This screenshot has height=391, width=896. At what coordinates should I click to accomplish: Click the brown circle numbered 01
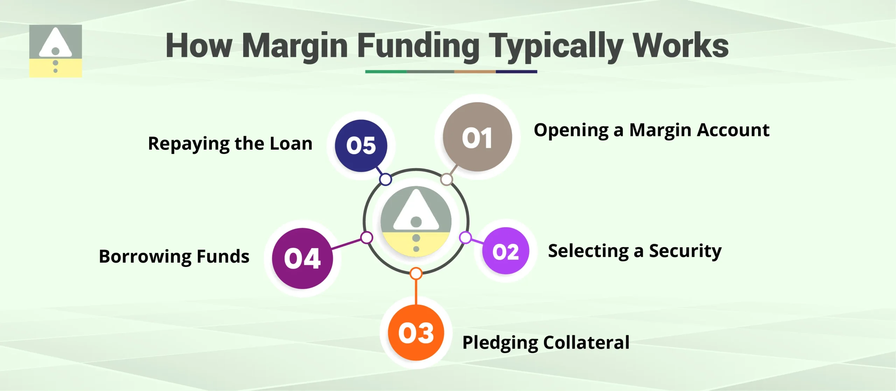[477, 137]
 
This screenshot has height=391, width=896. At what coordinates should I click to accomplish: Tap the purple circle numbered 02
[505, 251]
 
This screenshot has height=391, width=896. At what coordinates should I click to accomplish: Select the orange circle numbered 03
[416, 332]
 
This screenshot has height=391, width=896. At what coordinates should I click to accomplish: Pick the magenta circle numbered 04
[302, 259]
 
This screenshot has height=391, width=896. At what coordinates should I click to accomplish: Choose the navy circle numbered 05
[361, 146]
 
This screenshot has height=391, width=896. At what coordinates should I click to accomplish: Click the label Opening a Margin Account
[651, 130]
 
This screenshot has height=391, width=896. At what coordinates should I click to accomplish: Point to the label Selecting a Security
[635, 251]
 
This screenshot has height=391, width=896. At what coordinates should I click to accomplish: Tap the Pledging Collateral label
[546, 343]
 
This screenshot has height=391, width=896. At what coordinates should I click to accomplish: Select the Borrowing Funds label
[174, 256]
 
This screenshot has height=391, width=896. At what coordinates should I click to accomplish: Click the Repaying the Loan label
[230, 144]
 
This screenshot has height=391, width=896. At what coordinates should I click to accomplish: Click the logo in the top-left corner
[56, 51]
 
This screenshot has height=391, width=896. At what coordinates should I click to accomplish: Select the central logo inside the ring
[416, 221]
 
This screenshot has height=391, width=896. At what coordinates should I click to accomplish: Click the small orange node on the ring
[416, 273]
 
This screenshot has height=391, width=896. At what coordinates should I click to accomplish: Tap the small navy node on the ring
[385, 179]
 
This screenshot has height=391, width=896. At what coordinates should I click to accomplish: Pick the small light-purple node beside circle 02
[465, 238]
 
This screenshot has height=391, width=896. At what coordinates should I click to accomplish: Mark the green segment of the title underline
[386, 71]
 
